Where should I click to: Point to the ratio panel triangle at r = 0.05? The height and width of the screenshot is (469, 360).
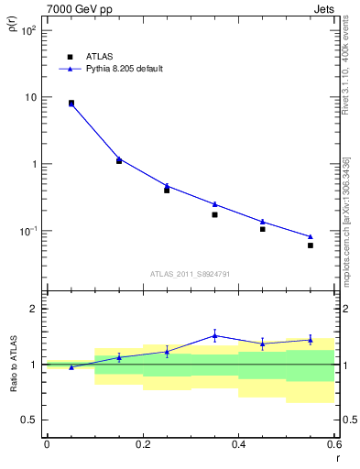pos(71,366)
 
